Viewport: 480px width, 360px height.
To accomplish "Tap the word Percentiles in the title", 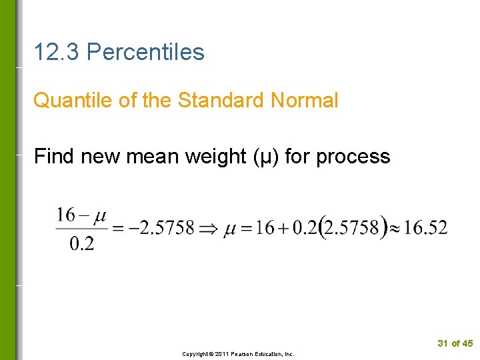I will pyautogui.click(x=145, y=52).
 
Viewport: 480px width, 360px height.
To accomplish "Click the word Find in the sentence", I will pyautogui.click(x=55, y=157).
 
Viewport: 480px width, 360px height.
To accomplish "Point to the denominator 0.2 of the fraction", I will pyautogui.click(x=81, y=243).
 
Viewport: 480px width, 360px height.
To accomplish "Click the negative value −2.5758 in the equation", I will pyautogui.click(x=162, y=229).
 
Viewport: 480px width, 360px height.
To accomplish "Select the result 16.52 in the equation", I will pyautogui.click(x=426, y=229).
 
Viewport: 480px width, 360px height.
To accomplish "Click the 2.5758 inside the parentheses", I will pyautogui.click(x=355, y=229).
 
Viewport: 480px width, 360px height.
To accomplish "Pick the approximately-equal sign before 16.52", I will pyautogui.click(x=395, y=229).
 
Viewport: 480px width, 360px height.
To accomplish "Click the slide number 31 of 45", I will pyautogui.click(x=455, y=343).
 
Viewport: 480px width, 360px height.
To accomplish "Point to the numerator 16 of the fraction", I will pyautogui.click(x=65, y=215).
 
